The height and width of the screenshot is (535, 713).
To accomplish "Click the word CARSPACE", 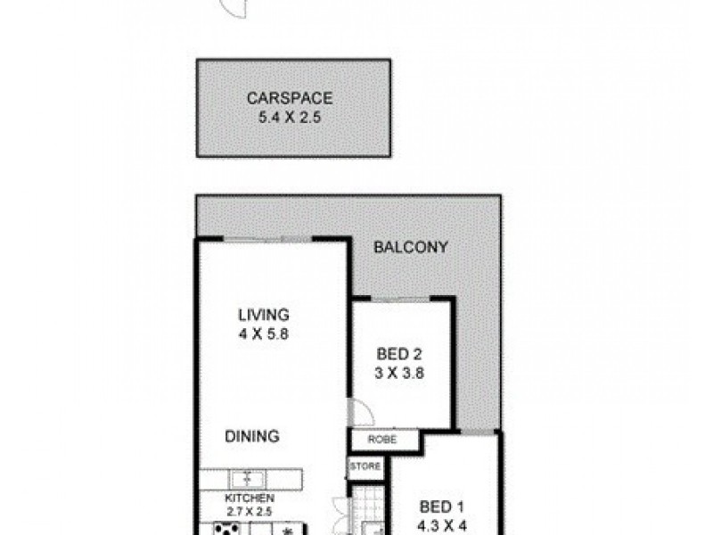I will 292,99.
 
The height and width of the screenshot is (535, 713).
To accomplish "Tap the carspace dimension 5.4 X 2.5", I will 292,117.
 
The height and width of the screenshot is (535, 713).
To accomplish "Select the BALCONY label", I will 410,247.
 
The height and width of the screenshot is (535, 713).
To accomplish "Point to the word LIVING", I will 263,315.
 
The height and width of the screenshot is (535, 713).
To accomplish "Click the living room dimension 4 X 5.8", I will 263,335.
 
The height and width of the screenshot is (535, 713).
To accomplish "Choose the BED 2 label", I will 398,354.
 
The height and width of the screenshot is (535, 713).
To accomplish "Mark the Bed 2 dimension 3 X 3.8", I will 398,374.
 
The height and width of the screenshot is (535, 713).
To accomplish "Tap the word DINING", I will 252,437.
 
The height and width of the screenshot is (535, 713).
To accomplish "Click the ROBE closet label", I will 382,440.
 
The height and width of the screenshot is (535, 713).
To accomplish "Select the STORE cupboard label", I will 365,466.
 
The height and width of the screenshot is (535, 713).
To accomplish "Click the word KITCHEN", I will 249,498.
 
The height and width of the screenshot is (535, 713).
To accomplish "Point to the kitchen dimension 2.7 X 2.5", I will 249,512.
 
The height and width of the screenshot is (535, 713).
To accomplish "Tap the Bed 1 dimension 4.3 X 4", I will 443,526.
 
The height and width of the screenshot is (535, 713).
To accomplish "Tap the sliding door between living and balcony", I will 266,239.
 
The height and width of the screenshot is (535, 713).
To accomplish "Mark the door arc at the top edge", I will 233,9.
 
